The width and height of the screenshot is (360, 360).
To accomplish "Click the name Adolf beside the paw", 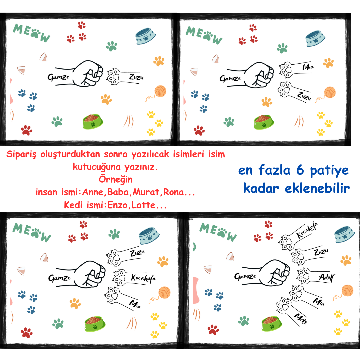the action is pyautogui.click(x=326, y=277).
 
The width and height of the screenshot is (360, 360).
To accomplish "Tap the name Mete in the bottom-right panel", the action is pyautogui.click(x=301, y=319).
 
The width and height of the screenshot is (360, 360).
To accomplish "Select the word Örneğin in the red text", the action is pyautogui.click(x=116, y=180).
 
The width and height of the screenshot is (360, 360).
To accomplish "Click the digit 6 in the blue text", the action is pyautogui.click(x=300, y=170).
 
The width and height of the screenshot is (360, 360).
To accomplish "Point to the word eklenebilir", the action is pyautogui.click(x=317, y=188).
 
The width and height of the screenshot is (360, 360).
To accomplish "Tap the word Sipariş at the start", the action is pyautogui.click(x=21, y=154).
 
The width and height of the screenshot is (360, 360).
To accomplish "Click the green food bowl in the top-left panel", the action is pyautogui.click(x=93, y=121).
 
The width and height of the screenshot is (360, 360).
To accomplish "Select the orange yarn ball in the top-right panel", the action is pyautogui.click(x=330, y=92).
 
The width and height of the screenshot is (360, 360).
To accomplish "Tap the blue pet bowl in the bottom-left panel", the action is pyautogui.click(x=149, y=236).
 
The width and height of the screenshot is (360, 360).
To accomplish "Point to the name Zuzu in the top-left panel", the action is pyautogui.click(x=136, y=77).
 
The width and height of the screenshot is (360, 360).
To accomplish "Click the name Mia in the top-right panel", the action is pyautogui.click(x=308, y=67).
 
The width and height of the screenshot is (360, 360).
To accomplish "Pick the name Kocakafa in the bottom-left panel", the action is pyautogui.click(x=143, y=278).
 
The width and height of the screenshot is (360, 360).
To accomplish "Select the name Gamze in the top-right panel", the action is pyautogui.click(x=230, y=79).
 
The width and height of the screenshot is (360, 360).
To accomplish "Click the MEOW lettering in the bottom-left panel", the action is pyautogui.click(x=32, y=232).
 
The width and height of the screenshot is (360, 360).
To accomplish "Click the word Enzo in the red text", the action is pyautogui.click(x=117, y=205).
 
